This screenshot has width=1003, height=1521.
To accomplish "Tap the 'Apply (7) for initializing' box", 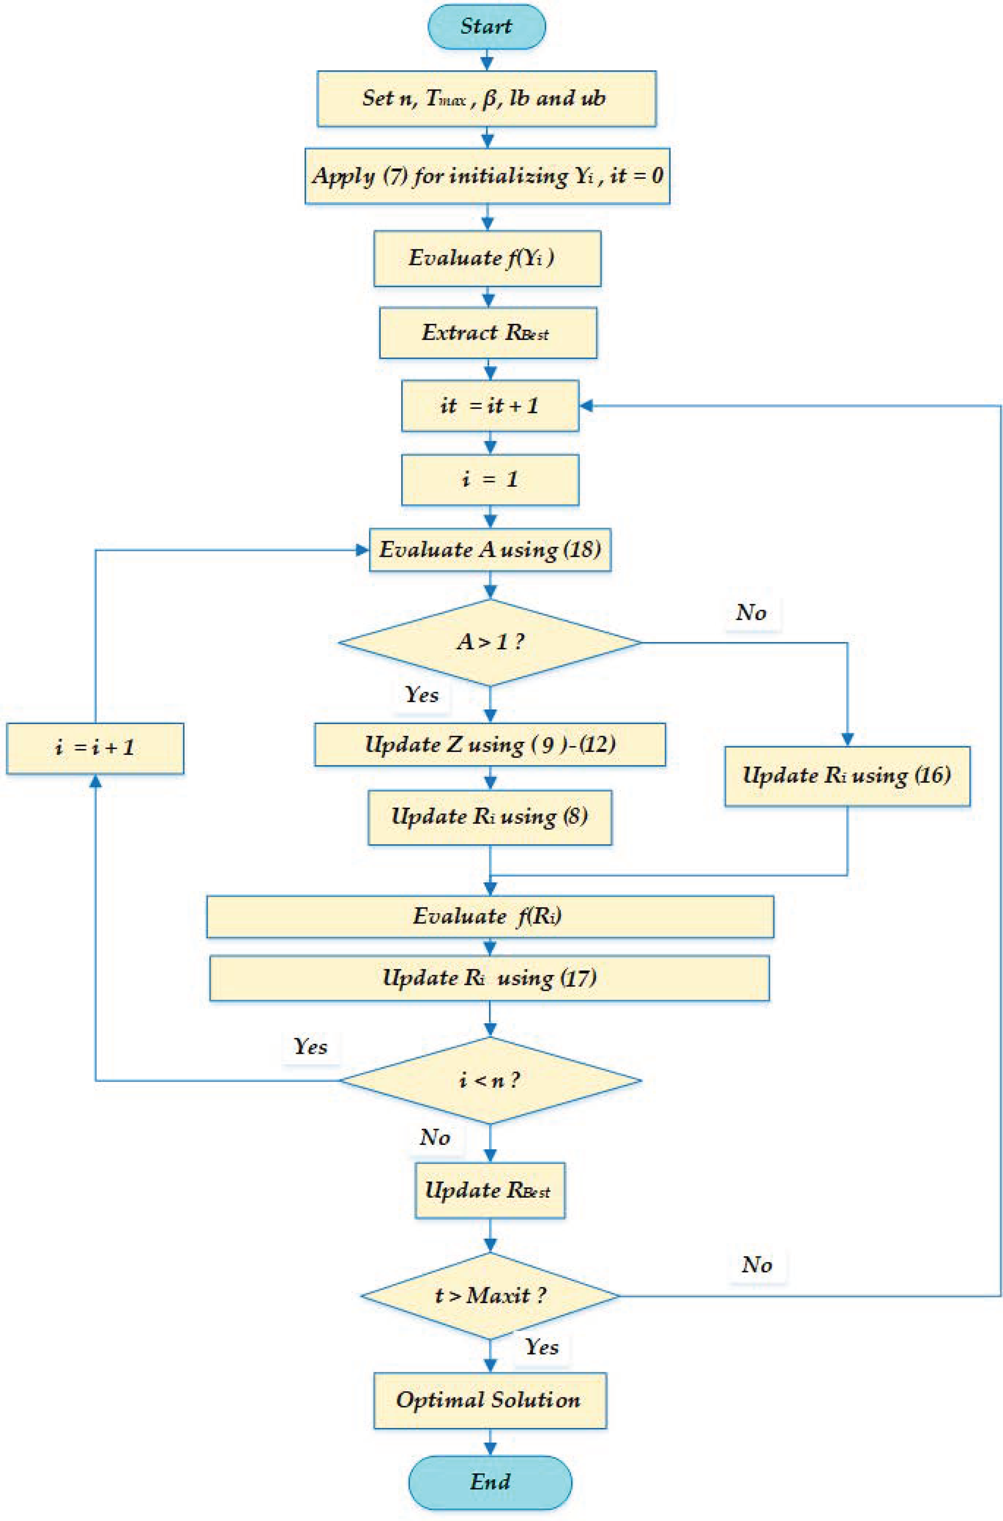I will [487, 176].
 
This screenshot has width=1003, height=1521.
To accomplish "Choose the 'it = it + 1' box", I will [490, 406].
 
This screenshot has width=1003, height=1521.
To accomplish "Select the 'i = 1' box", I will [490, 480].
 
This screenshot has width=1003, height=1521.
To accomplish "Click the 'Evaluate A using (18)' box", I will [490, 550].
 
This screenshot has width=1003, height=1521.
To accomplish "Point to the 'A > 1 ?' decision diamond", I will [490, 642].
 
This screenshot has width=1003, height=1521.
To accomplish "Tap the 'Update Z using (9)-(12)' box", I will [490, 744].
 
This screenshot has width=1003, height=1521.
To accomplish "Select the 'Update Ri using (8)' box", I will [490, 817].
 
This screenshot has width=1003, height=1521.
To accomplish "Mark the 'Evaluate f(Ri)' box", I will [490, 916].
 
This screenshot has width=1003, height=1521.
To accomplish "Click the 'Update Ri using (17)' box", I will [490, 978].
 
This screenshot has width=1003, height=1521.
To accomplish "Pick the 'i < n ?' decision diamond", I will [490, 1081].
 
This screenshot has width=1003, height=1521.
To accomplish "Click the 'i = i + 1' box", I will [95, 748].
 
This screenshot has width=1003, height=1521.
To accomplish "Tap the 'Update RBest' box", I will [490, 1190].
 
